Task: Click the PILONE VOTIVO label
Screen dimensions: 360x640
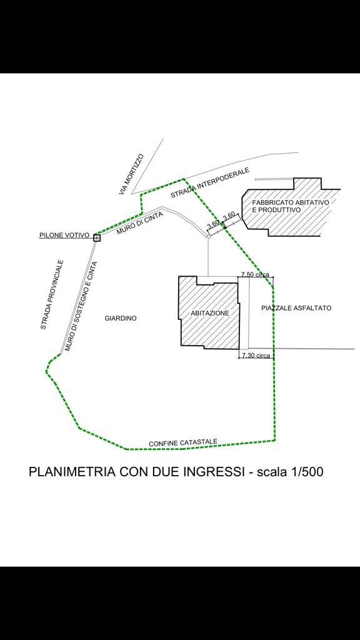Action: click(64, 235)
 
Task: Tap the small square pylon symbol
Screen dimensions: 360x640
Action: click(97, 238)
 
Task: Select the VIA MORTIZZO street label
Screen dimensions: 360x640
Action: click(131, 174)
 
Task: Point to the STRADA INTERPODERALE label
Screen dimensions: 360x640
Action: click(210, 183)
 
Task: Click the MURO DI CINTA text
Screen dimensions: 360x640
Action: click(137, 224)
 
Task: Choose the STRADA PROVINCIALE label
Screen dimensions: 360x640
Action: click(52, 294)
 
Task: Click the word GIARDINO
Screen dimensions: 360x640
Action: click(121, 318)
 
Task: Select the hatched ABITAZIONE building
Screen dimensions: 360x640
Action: click(209, 312)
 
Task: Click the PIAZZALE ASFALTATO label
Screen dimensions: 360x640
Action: click(296, 308)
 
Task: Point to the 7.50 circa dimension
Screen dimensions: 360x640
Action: click(255, 274)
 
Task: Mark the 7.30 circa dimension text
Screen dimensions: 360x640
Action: click(256, 356)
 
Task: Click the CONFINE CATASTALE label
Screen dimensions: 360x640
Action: click(183, 442)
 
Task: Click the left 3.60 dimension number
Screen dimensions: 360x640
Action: click(213, 224)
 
